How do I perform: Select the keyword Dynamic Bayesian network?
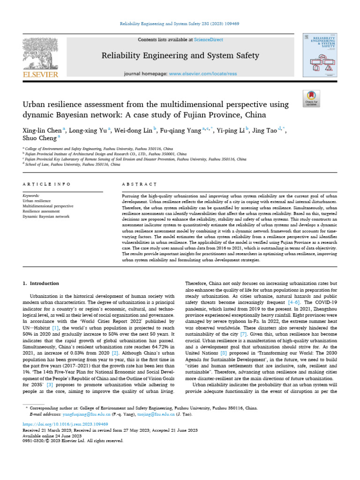46,217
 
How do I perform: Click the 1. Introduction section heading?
41,284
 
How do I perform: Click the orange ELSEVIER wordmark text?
40,75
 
